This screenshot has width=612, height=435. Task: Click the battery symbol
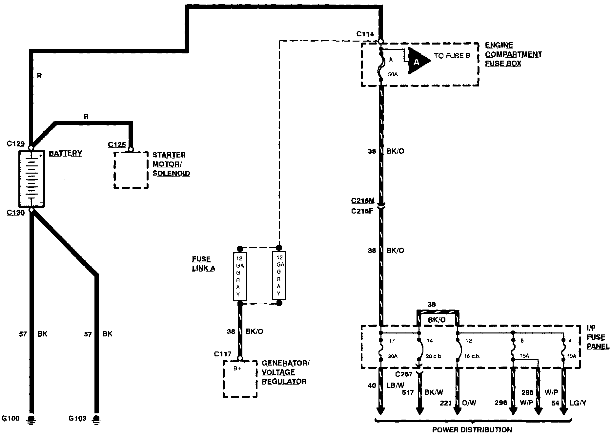31,179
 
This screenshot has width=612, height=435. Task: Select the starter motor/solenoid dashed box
131,170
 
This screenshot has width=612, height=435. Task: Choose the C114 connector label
365,34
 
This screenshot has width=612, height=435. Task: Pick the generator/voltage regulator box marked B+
240,379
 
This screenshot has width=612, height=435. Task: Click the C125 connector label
117,144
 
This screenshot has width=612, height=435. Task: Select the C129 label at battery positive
16,143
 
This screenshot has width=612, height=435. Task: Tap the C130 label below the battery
16,213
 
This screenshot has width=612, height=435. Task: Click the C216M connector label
362,200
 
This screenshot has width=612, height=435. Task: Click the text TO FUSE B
452,56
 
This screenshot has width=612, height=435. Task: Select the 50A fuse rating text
393,75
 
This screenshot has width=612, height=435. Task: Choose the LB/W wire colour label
395,386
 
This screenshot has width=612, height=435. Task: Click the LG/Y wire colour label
578,403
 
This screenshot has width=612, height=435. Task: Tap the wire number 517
408,392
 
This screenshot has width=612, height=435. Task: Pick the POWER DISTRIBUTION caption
472,430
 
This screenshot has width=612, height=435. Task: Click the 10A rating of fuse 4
572,356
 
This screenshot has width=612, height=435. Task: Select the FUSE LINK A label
203,264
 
